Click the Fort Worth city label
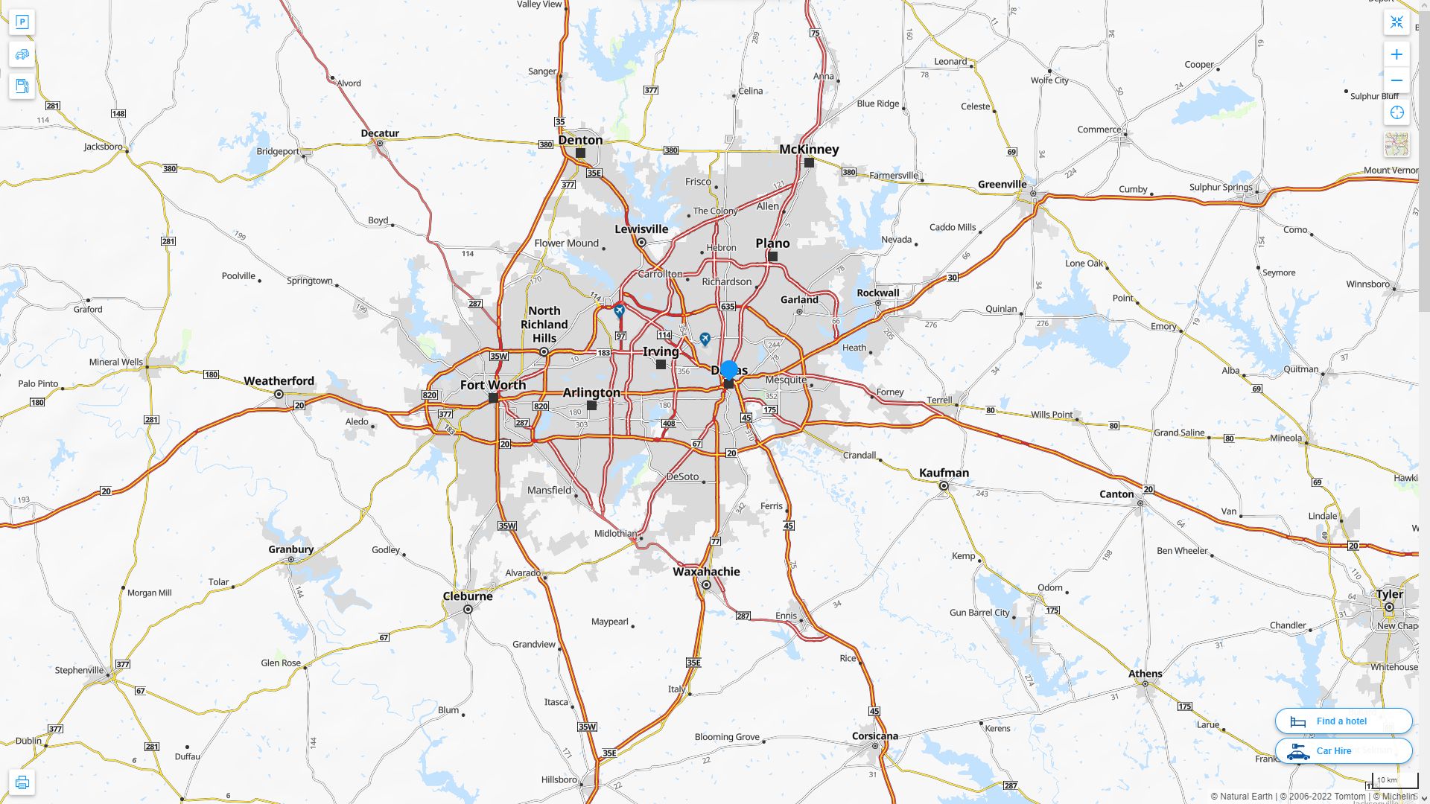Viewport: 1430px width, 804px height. click(x=492, y=385)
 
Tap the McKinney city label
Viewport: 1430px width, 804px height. click(x=809, y=149)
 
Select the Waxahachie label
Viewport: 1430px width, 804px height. click(x=706, y=572)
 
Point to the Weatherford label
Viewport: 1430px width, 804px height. click(x=279, y=381)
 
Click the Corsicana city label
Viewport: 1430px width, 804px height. click(x=874, y=736)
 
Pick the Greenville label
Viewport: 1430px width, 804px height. click(x=1002, y=185)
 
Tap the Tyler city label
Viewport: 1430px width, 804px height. click(x=1389, y=594)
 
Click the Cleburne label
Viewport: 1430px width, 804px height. click(x=468, y=596)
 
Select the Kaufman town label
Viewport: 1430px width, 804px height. click(x=944, y=473)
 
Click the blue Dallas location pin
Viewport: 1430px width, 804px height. click(x=729, y=370)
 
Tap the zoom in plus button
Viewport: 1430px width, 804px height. click(x=1396, y=54)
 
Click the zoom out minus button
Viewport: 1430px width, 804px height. click(x=1396, y=80)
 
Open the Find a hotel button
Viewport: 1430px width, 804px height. click(x=1343, y=721)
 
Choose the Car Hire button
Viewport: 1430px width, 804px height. click(x=1343, y=750)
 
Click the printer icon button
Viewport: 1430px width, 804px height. click(x=22, y=782)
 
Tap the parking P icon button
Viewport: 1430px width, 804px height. click(x=22, y=22)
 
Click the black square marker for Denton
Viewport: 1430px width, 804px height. click(x=580, y=153)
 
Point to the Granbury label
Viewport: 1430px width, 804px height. click(x=290, y=549)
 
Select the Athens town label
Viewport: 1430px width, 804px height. click(x=1145, y=674)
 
